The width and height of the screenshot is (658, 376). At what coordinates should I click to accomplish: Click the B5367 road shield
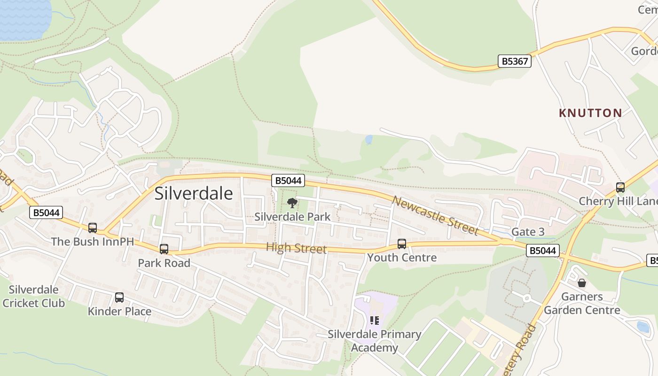[x=515, y=61]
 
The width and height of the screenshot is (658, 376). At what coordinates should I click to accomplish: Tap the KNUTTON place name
[x=590, y=113]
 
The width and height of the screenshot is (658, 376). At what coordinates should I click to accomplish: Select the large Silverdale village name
[x=194, y=193]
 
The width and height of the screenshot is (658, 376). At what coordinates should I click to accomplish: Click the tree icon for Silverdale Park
[x=292, y=203]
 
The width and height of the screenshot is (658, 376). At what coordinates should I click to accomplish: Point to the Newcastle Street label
[x=435, y=216]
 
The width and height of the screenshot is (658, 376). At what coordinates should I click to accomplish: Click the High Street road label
[x=296, y=248]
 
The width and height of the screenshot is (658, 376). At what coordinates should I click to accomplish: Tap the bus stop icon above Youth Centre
[x=402, y=244]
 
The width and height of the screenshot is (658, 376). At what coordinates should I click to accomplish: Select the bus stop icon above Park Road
[x=164, y=249]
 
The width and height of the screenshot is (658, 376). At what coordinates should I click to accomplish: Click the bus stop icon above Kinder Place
[x=119, y=298]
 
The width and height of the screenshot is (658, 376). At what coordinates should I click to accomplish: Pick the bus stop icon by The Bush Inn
[x=93, y=228]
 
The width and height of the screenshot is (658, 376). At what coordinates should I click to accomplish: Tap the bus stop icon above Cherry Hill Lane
[x=620, y=188]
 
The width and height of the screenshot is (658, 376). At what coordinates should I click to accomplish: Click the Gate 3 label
[x=528, y=232]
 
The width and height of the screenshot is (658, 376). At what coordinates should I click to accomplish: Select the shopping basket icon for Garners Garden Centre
[x=582, y=283]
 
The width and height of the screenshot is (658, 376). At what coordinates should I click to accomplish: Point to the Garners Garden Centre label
[x=582, y=304]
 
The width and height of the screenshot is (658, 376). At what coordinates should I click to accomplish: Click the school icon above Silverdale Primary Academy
[x=375, y=321]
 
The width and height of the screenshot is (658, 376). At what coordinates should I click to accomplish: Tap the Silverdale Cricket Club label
[x=33, y=296]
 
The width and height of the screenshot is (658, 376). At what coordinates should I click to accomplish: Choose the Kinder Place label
[x=119, y=311]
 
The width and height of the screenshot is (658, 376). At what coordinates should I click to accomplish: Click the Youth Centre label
[x=402, y=258]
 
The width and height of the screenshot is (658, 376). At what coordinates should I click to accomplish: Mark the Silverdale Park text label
[x=292, y=217]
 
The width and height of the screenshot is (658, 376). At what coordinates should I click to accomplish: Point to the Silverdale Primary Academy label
[x=375, y=341]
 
